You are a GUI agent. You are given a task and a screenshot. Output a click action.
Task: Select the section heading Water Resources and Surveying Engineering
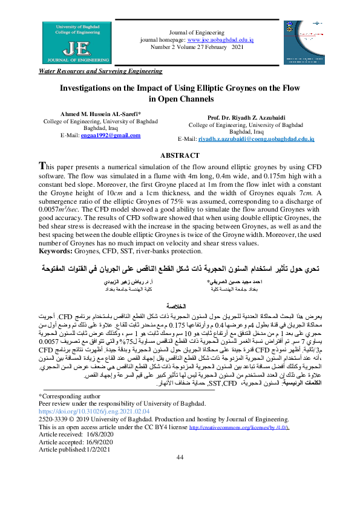[100, 71]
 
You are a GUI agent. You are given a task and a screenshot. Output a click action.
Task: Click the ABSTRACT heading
[180, 155]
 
